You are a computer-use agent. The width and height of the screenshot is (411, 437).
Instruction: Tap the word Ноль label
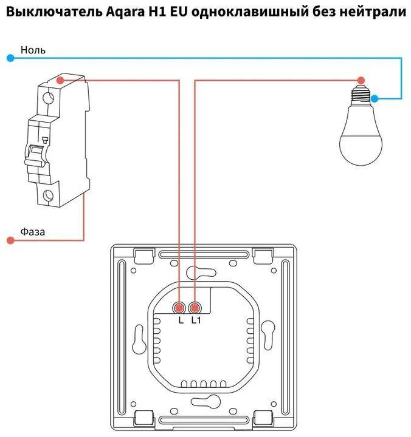click(33, 50)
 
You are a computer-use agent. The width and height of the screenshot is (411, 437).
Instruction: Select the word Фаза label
click(33, 232)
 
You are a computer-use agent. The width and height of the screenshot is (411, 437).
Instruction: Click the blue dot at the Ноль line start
click(10, 58)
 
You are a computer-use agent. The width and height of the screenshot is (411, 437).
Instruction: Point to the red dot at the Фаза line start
click(10, 240)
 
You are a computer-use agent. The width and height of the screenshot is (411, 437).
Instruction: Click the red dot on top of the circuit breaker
click(60, 80)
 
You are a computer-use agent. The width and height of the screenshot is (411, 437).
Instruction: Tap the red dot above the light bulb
click(361, 80)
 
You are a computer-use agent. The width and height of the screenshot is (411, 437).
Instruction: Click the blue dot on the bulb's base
click(375, 98)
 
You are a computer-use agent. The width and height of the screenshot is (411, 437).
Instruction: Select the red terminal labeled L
click(181, 307)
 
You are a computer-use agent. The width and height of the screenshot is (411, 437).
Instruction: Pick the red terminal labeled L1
click(195, 307)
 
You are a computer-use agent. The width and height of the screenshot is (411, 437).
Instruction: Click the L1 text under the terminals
click(196, 320)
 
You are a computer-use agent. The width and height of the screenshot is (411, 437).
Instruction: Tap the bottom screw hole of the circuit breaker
click(49, 195)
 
